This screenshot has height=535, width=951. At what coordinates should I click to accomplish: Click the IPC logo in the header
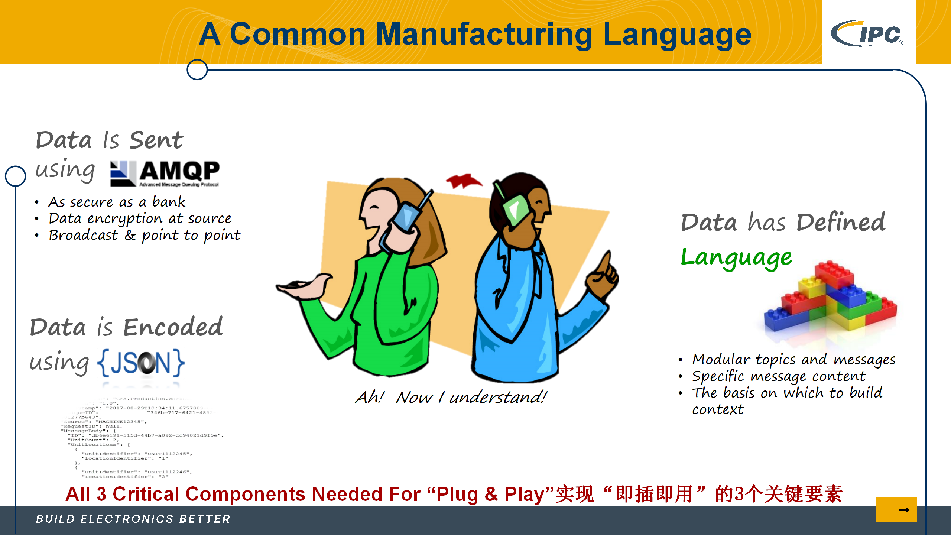pos(867,33)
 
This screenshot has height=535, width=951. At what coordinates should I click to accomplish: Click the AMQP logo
pos(165,173)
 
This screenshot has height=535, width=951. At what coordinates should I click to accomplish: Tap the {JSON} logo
pos(141,363)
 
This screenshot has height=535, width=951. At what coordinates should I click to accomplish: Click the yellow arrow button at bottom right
pos(896,509)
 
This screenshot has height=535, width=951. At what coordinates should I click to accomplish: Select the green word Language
pos(736,257)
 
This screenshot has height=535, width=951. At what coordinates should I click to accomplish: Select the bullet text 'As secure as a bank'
pos(117,202)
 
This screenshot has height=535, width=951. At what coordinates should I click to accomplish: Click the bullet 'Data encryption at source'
pos(140,218)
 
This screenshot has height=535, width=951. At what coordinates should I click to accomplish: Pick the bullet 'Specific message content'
pos(779,376)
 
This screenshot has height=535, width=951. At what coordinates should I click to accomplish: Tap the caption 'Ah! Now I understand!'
pos(451,397)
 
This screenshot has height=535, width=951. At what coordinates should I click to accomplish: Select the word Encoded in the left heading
pos(173,327)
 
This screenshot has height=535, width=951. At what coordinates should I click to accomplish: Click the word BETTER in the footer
pos(205,519)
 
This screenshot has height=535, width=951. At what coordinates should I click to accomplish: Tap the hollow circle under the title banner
pos(197,69)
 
